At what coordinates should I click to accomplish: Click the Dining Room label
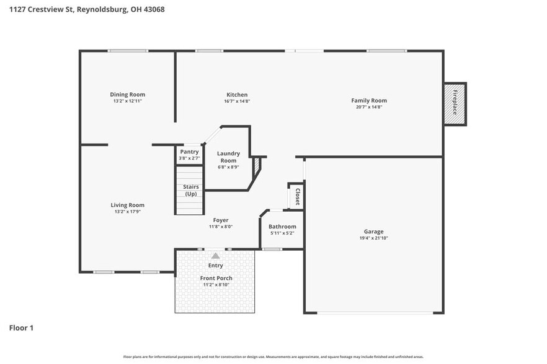[128, 95]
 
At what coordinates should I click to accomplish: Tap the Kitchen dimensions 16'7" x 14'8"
[237, 102]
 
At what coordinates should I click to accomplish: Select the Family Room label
[368, 100]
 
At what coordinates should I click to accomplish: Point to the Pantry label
[189, 152]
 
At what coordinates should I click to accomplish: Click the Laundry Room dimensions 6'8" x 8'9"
[228, 167]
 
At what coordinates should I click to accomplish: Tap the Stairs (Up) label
[190, 190]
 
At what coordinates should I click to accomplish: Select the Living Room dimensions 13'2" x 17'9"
[127, 212]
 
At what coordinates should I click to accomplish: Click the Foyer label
[220, 220]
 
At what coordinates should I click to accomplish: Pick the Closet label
[298, 196]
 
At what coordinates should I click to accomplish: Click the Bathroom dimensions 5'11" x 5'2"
[282, 233]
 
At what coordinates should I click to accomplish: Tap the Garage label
[373, 232]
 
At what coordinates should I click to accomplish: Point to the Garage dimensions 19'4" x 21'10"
[373, 238]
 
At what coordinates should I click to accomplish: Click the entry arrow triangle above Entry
[215, 255]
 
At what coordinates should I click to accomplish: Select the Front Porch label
[216, 278]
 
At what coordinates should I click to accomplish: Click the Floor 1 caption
[21, 327]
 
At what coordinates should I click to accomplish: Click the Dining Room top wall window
[128, 51]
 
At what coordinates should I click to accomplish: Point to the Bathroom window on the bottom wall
[271, 249]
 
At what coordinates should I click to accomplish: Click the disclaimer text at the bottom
[273, 357]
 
